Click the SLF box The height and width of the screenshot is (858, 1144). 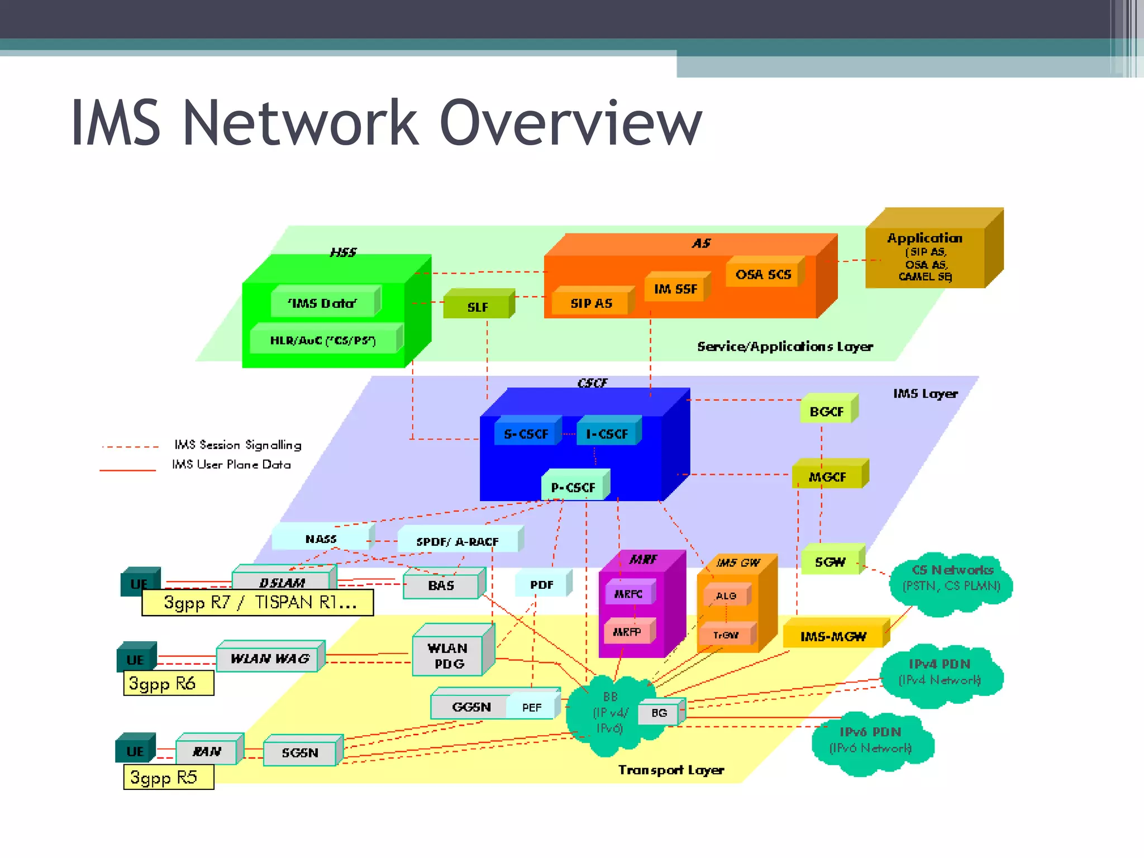click(x=478, y=307)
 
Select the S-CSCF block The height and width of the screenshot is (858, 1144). click(x=526, y=434)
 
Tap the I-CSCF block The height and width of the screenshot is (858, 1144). click(x=607, y=434)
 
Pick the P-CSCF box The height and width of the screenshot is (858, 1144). click(x=574, y=487)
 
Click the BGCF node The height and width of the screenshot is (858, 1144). click(x=827, y=412)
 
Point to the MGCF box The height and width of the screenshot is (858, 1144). click(x=828, y=476)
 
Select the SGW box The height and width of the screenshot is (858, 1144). click(x=831, y=562)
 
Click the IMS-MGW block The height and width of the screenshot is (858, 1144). click(x=833, y=636)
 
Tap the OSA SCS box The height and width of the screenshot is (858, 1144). click(x=764, y=274)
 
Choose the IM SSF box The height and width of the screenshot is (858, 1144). click(x=676, y=289)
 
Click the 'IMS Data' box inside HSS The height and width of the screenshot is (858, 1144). click(x=322, y=303)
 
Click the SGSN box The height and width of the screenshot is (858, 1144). click(x=300, y=752)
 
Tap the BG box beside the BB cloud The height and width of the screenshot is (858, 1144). click(x=659, y=713)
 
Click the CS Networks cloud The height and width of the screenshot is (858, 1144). click(x=952, y=579)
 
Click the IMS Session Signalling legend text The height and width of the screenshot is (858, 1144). click(x=238, y=445)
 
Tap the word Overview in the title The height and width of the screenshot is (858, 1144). click(x=570, y=123)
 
